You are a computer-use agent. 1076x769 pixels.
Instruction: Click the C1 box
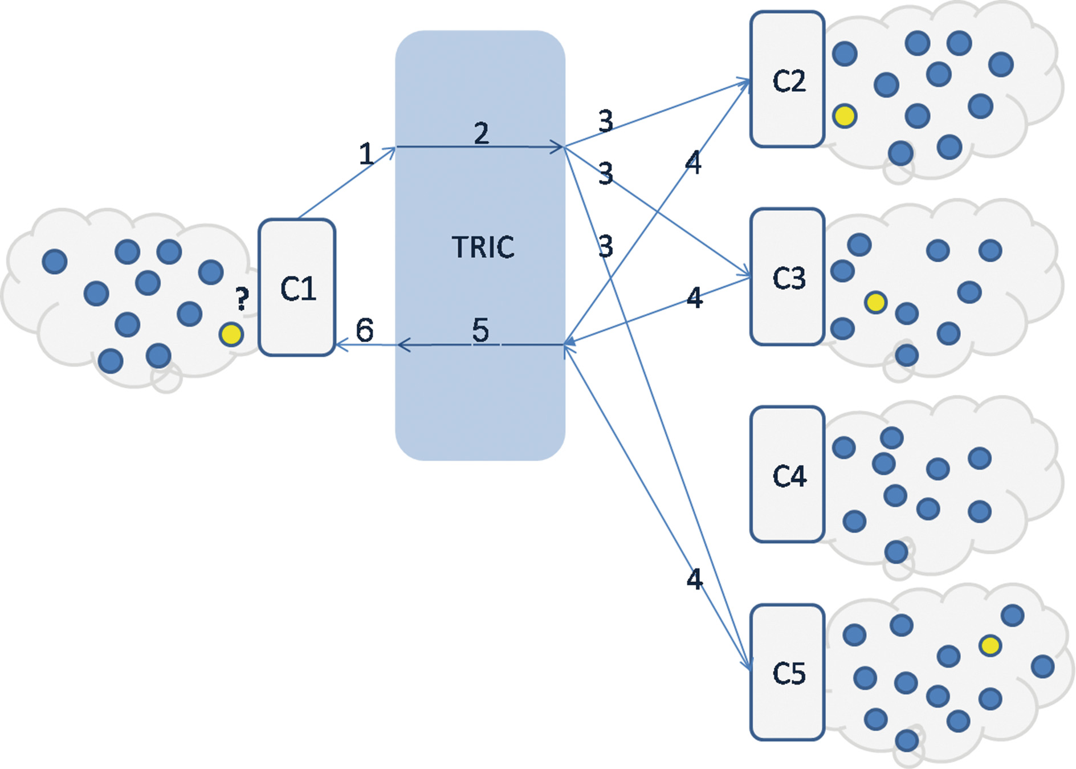point(297,287)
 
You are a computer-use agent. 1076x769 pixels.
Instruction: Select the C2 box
point(788,79)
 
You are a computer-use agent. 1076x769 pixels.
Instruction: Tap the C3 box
point(788,277)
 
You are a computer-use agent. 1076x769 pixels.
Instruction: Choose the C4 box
point(788,474)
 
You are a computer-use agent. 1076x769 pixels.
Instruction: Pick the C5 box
point(788,672)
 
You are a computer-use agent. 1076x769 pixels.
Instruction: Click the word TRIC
point(483,247)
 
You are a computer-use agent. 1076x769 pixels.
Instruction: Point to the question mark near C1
point(242,299)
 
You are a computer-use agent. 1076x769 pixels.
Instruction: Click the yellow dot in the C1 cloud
point(231,335)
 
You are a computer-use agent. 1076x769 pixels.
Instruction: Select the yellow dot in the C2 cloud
point(845,116)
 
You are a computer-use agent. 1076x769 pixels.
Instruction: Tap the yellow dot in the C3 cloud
point(875,302)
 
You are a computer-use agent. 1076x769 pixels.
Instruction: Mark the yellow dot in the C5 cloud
point(990,646)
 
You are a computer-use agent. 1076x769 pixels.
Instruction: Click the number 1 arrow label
point(366,154)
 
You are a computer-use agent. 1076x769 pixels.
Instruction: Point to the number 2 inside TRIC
point(482,133)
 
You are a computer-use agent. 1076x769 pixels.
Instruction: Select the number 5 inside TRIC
point(480,330)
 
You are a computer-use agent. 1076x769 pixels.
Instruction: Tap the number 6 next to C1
point(365,329)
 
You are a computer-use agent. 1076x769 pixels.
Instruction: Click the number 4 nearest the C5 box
point(694,579)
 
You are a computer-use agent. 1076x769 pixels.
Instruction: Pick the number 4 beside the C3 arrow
point(694,298)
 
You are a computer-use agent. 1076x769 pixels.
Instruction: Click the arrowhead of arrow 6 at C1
point(340,344)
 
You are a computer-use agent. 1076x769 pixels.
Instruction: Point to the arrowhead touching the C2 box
point(745,83)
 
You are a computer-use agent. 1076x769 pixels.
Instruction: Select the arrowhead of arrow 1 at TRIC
point(391,149)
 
